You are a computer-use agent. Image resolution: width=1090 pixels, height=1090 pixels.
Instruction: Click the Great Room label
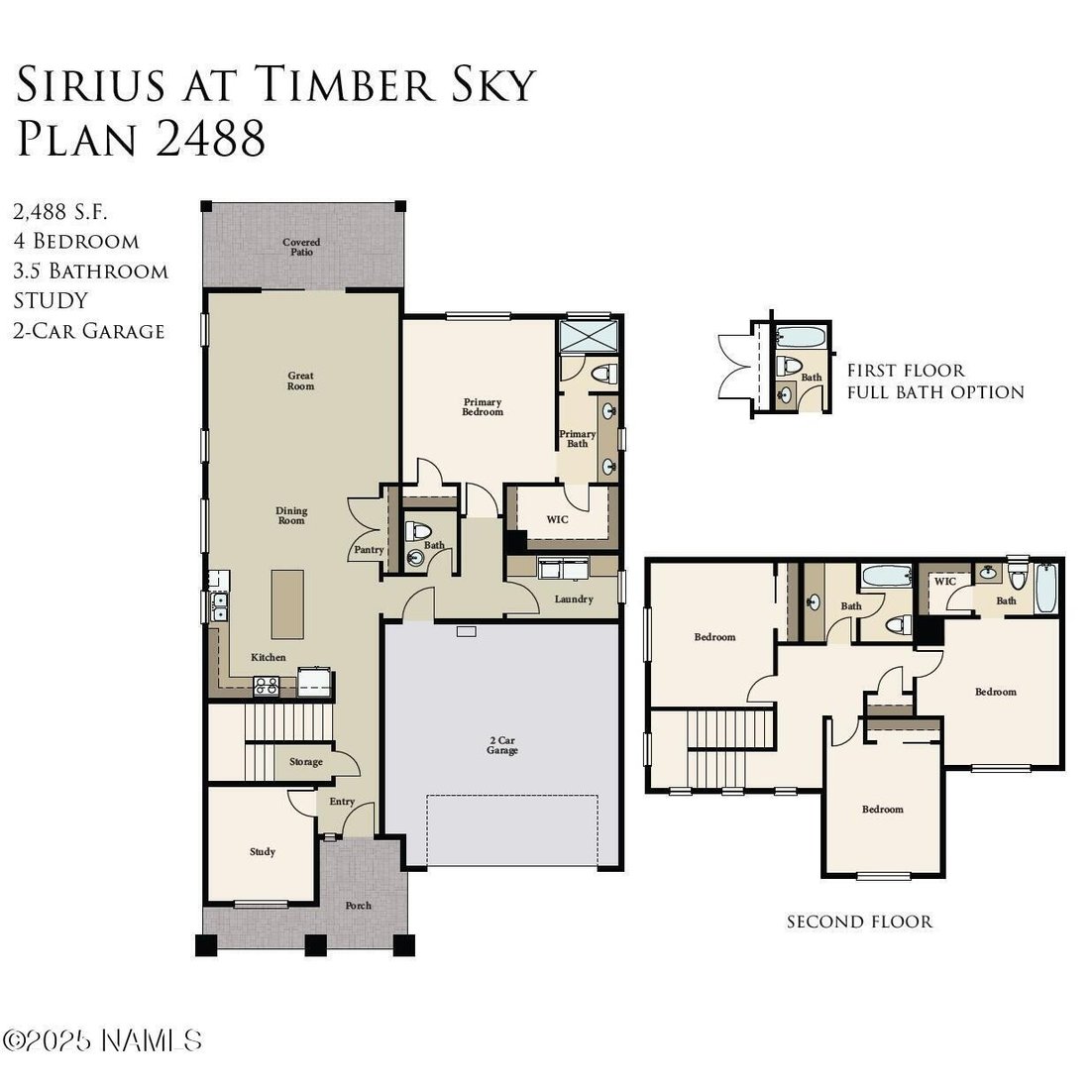[x=301, y=381]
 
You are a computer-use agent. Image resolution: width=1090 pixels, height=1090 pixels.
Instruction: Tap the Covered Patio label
[x=301, y=247]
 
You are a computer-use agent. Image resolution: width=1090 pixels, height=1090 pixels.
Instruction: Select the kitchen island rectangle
[x=287, y=604]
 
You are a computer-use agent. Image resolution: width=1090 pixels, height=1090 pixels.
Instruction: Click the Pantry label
[x=369, y=549]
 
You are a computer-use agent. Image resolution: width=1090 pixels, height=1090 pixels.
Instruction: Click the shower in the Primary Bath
[x=589, y=337]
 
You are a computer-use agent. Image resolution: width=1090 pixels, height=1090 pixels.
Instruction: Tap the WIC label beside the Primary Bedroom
[x=557, y=519]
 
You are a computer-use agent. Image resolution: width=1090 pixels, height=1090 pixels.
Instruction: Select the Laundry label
[x=574, y=599]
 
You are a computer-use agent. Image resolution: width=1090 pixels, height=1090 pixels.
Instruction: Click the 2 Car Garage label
[x=502, y=745]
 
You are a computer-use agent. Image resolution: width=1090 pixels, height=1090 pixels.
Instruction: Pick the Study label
[x=262, y=851]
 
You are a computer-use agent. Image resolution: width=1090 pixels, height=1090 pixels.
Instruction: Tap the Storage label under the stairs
[x=306, y=762]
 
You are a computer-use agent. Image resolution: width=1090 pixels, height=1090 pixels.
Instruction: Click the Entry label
[x=341, y=802]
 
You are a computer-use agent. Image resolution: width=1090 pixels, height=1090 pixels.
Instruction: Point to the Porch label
[x=358, y=905]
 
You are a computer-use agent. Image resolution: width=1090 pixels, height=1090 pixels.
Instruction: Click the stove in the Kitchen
[x=267, y=686]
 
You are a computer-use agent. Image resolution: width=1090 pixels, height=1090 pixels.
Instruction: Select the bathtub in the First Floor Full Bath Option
[x=802, y=337]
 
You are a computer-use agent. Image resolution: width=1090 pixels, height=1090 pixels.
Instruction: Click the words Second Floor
[x=859, y=922]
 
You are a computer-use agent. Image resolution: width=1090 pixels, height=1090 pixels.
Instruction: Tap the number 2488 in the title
[x=211, y=138]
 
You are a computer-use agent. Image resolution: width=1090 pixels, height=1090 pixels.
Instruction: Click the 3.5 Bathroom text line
[x=90, y=271]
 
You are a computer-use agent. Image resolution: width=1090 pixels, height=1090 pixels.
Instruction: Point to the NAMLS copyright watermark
[x=102, y=1040]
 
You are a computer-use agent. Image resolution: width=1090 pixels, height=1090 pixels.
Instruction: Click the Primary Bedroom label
[x=483, y=406]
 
